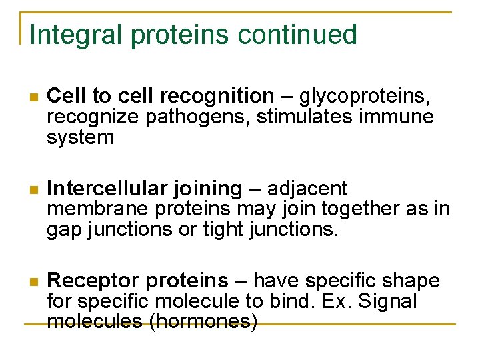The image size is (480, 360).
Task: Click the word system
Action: click(80, 138)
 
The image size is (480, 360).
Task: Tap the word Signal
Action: click(387, 301)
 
